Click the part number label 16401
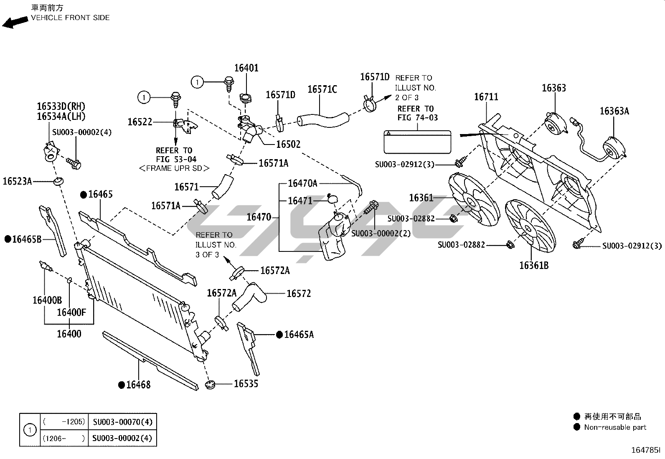tap(246, 68)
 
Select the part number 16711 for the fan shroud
tap(486, 97)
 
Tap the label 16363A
tap(614, 111)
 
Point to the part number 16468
tap(138, 385)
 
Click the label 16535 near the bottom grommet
tap(246, 383)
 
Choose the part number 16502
tap(288, 144)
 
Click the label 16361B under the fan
tap(534, 265)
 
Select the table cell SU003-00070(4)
tap(122, 422)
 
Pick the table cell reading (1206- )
tap(64, 438)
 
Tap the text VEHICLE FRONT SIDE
tap(70, 18)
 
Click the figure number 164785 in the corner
tap(645, 450)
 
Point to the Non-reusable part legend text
tap(615, 427)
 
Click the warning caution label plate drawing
tap(418, 141)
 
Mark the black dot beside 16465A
tap(279, 335)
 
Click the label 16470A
tap(302, 183)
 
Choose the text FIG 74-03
tap(417, 118)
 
